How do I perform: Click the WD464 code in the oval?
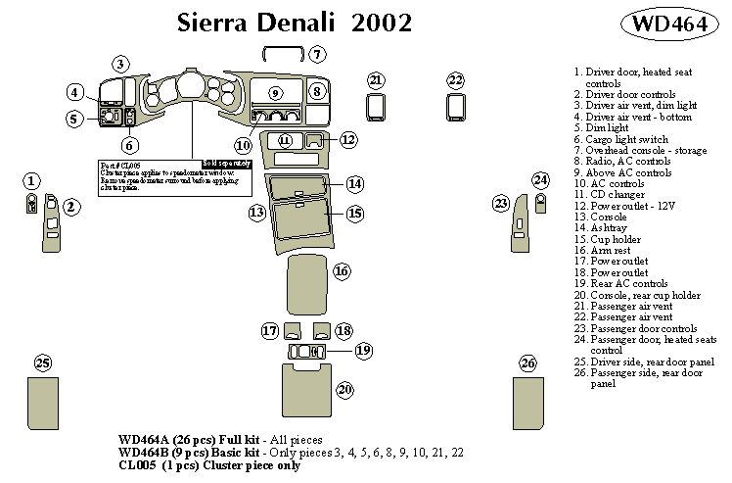[x=669, y=24]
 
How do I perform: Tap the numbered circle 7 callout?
[x=318, y=54]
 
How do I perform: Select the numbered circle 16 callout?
[x=341, y=271]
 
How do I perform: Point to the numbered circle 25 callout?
[x=42, y=363]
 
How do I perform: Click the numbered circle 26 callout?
[x=528, y=363]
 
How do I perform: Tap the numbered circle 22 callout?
[x=455, y=79]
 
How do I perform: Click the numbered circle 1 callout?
[x=32, y=180]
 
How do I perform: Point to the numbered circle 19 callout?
[x=363, y=350]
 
